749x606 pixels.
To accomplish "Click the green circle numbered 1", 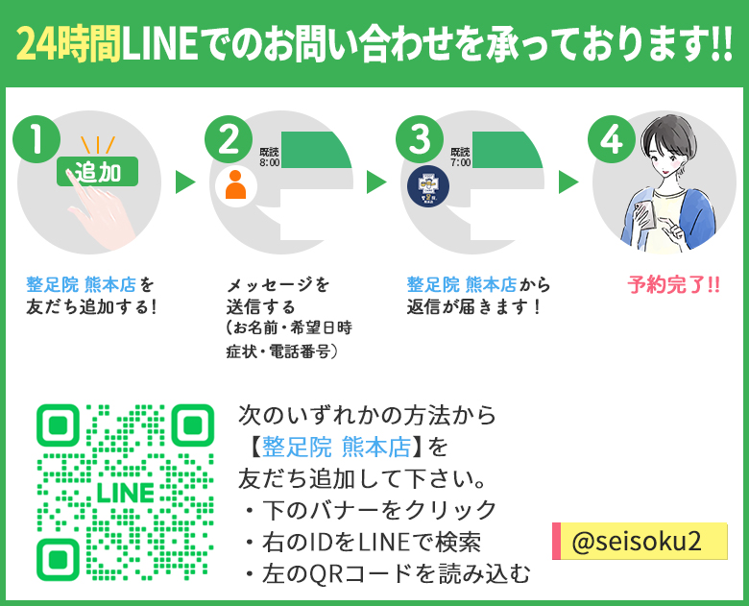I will point(36,140).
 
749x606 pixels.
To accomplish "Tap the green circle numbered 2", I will point(229,140).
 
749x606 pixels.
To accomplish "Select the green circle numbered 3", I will point(420,140).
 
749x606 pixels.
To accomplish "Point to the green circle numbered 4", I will point(612,140).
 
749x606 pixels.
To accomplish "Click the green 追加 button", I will point(98,172).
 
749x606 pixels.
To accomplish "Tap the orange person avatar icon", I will point(234,182).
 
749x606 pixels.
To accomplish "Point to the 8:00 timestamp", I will point(269,163).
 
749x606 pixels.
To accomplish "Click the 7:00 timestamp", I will point(460,163).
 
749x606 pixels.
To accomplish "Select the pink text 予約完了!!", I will point(673,284).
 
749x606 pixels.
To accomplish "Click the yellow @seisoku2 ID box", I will point(640,542).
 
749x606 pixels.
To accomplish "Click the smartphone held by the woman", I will point(650,213).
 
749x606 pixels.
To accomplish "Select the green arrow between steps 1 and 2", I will point(185,182).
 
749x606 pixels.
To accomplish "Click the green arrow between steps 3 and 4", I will point(568,182).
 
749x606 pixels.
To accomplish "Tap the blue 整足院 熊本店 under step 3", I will point(461,284).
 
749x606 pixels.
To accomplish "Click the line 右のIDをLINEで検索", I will point(370,542).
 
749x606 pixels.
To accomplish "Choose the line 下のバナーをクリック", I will point(370,510).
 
